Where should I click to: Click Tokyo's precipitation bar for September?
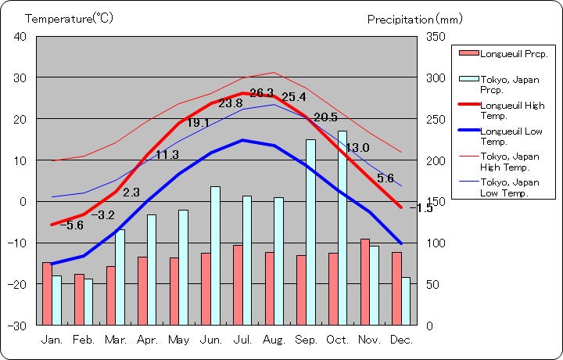coord(310,232)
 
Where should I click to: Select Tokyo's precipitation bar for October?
coord(342,227)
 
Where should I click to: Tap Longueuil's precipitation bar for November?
coord(364,282)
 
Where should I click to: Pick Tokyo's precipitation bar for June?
coord(215,255)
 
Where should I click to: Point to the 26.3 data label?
coord(262,92)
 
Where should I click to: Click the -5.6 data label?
coord(71,225)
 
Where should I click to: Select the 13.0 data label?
coord(357,148)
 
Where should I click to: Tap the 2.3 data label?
coord(131,193)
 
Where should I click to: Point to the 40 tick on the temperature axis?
coord(20,37)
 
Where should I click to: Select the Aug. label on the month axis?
coord(273,340)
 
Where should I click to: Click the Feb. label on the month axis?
coord(84,340)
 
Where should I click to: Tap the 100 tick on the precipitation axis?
coord(436,243)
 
